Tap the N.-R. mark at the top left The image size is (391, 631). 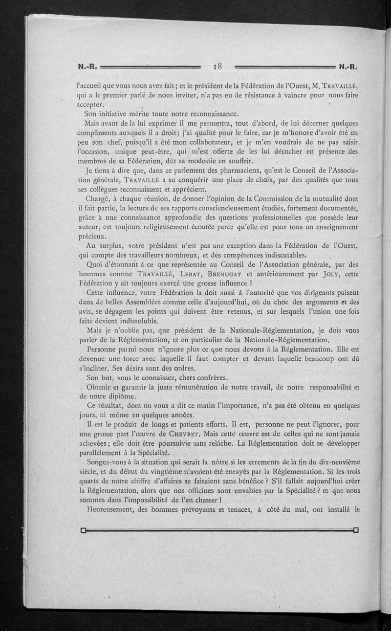pyautogui.click(x=88, y=67)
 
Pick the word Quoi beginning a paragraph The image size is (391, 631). pyautogui.click(x=95, y=264)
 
